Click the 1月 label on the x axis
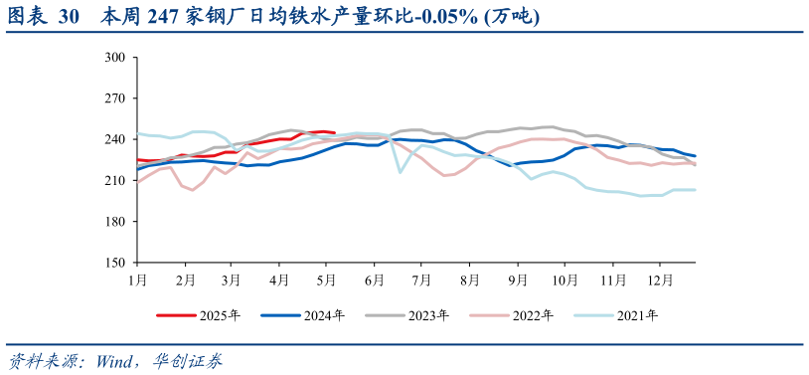[x=137, y=280]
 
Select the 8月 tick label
[x=469, y=280]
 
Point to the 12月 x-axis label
[x=660, y=280]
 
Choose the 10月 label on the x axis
[x=565, y=280]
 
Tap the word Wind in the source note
[x=117, y=360]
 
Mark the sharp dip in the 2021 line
[x=401, y=172]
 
